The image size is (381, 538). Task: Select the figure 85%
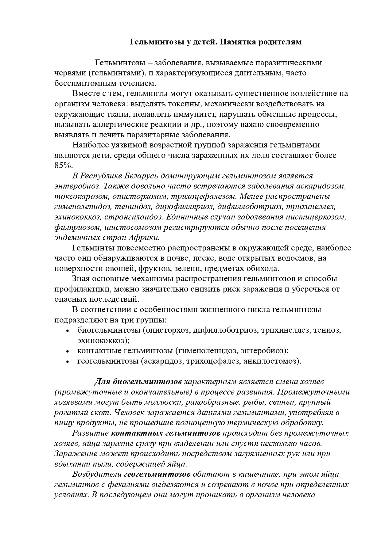click(64, 165)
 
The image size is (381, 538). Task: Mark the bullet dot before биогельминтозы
click(68, 330)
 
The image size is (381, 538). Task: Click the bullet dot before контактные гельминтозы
click(68, 351)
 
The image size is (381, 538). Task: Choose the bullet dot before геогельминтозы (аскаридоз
click(68, 361)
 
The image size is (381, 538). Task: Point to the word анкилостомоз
click(271, 361)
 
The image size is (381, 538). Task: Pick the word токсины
click(180, 104)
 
